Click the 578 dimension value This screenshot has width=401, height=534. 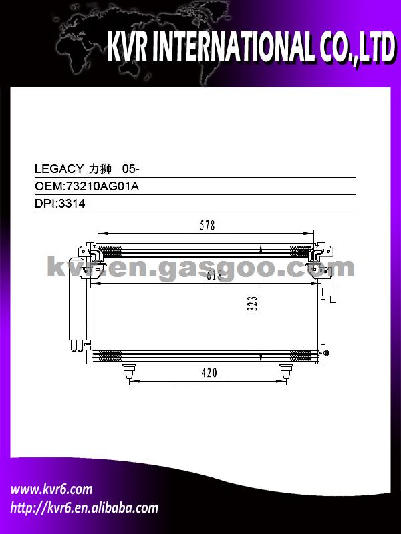pos(207,226)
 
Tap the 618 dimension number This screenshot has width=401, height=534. pos(214,275)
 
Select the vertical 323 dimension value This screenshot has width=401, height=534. pos(253,304)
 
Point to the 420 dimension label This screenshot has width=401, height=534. pos(209,372)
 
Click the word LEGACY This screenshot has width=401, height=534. pos(59,169)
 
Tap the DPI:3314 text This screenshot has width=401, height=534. pos(60,204)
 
